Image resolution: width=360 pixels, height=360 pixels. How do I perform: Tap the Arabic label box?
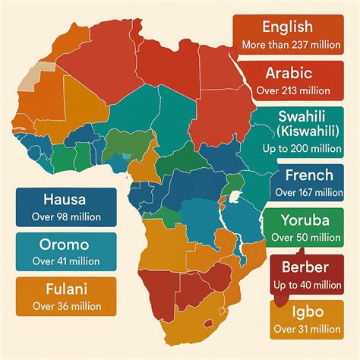[298, 81]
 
